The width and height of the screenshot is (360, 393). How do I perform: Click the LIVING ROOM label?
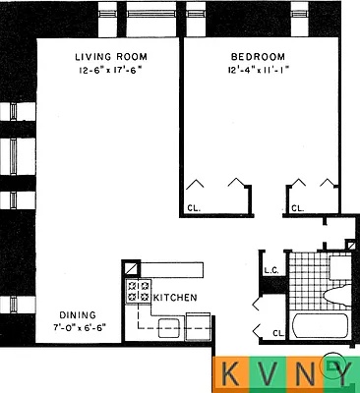(110, 56)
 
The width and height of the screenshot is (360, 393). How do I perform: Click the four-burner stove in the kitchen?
(138, 290)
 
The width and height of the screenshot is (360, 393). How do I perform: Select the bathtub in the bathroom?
(320, 327)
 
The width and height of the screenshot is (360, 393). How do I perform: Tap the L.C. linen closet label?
(272, 269)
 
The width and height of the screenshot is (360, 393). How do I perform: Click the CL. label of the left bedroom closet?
(193, 207)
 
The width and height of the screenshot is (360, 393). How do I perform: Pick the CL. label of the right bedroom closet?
(298, 207)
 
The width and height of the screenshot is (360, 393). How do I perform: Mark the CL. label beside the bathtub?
(278, 332)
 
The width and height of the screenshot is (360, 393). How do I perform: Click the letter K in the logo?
(231, 374)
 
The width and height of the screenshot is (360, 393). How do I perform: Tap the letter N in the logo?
(305, 374)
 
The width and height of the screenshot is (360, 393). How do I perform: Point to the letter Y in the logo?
(341, 374)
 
